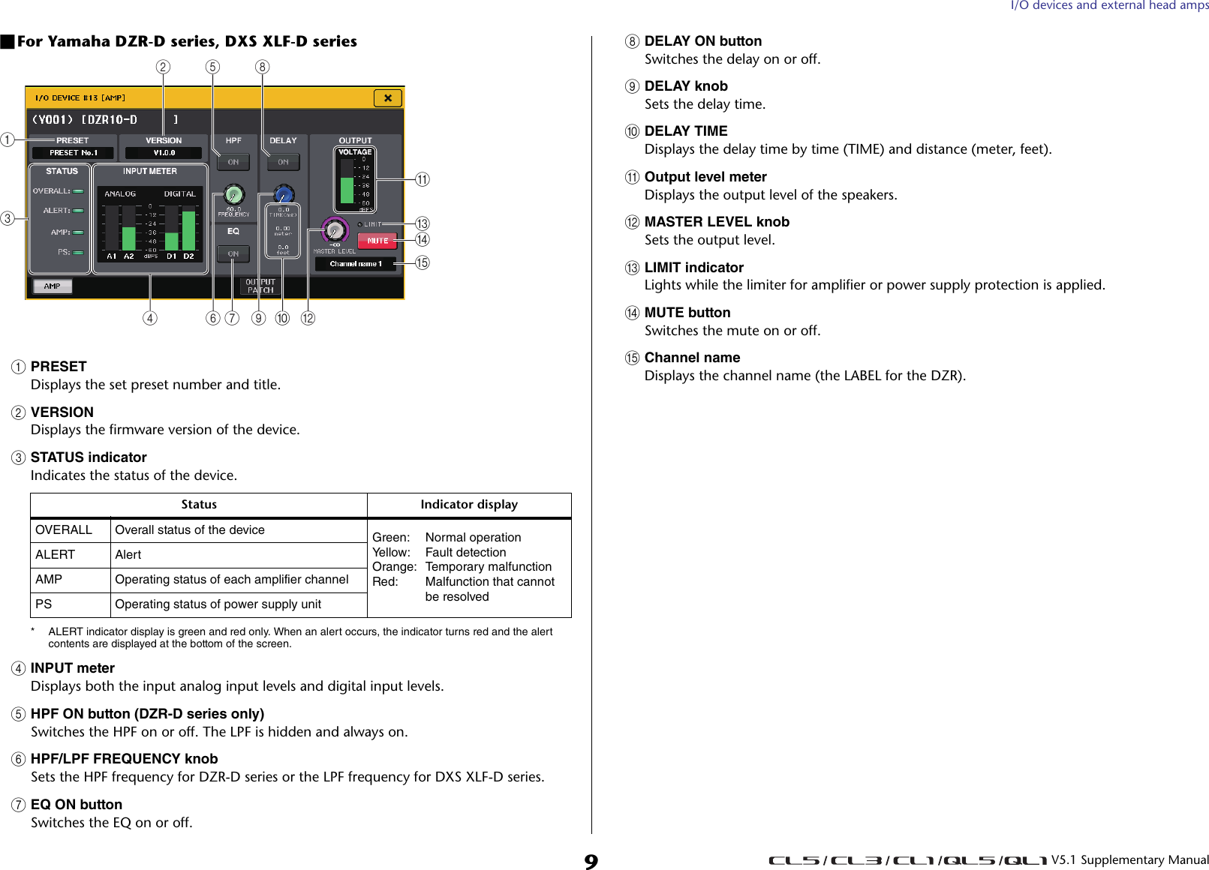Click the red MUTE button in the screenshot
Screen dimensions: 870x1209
[x=377, y=241]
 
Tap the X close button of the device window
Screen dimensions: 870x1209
[x=387, y=98]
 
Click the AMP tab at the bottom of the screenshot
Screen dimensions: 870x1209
[x=52, y=286]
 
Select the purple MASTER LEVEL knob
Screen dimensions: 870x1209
[x=335, y=230]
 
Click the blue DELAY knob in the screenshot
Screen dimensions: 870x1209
[x=283, y=195]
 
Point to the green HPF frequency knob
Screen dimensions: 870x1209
[x=233, y=195]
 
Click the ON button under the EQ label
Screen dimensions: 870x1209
[x=233, y=254]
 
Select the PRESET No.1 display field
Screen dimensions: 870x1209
[x=73, y=153]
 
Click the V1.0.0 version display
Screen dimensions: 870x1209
[x=164, y=153]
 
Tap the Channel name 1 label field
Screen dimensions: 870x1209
[x=355, y=264]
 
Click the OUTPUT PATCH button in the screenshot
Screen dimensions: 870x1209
[x=260, y=286]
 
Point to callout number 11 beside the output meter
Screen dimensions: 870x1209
[x=423, y=179]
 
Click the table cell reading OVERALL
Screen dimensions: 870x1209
[x=64, y=530]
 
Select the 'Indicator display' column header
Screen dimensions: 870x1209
[x=468, y=505]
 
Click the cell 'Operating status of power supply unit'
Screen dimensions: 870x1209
[x=218, y=604]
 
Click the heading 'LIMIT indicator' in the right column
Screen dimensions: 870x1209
[x=693, y=268]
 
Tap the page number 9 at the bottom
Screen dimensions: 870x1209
[x=591, y=860]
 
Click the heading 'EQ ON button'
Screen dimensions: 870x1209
[x=76, y=805]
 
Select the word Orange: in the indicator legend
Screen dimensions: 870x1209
[x=394, y=567]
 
